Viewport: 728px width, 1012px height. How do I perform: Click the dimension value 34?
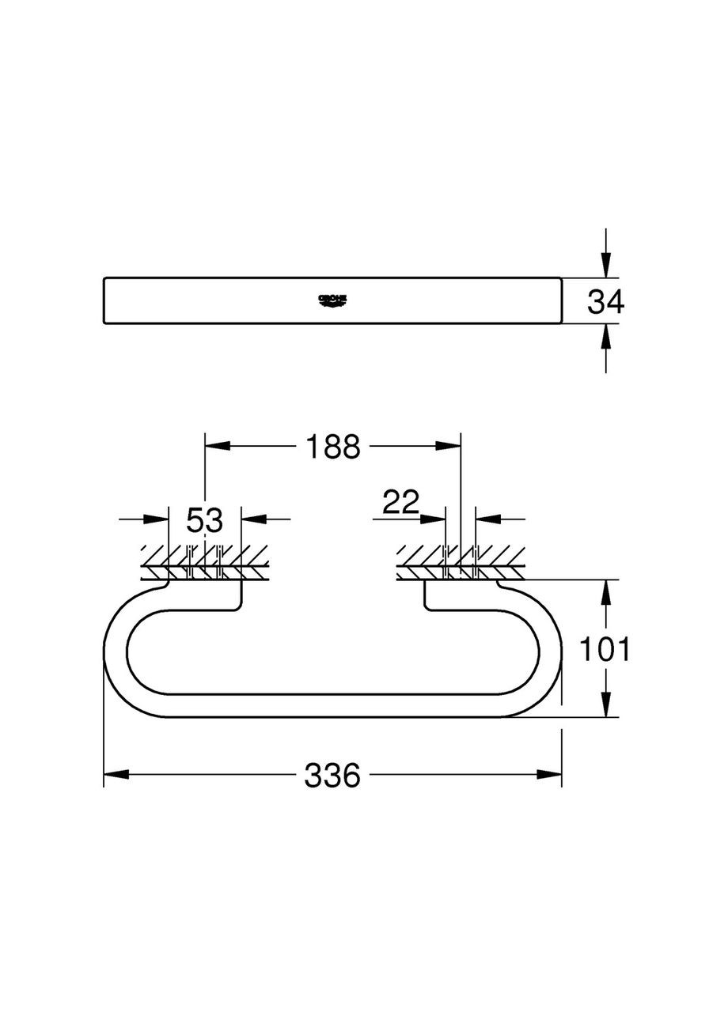click(x=605, y=301)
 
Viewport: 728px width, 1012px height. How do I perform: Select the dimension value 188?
click(x=332, y=447)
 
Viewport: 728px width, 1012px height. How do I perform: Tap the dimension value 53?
click(x=205, y=521)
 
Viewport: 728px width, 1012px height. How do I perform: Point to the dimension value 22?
click(x=400, y=503)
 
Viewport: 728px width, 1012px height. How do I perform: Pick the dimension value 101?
click(x=605, y=649)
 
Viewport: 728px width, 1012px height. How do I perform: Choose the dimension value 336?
click(x=332, y=775)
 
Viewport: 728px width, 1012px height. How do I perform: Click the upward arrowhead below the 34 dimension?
click(x=605, y=337)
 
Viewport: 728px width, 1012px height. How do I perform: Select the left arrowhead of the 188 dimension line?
click(x=217, y=447)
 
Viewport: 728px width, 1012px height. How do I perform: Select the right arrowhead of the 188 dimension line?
click(x=449, y=447)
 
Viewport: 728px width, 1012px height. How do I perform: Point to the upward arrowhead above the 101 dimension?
click(x=605, y=591)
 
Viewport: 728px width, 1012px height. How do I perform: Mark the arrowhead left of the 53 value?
click(x=157, y=519)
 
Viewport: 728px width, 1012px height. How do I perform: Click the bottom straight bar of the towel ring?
click(x=332, y=705)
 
